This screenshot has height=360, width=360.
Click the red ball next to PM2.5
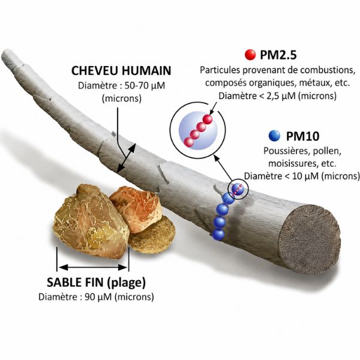coord(250,55)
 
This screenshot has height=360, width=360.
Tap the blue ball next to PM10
coord(274,136)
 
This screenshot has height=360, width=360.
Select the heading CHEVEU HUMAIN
coord(121,70)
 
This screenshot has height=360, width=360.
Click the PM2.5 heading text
coord(278,55)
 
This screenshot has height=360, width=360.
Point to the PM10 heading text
coord(302,136)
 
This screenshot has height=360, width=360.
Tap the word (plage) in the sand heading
coord(127,283)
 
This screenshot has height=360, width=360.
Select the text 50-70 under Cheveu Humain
coord(137,86)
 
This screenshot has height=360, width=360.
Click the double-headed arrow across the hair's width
coord(126,158)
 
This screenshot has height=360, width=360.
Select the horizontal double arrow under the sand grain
coord(93,267)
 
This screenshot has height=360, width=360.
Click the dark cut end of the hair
coord(310,239)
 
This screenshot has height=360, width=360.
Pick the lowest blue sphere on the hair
coord(218,234)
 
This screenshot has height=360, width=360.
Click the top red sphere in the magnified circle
coord(208,119)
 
